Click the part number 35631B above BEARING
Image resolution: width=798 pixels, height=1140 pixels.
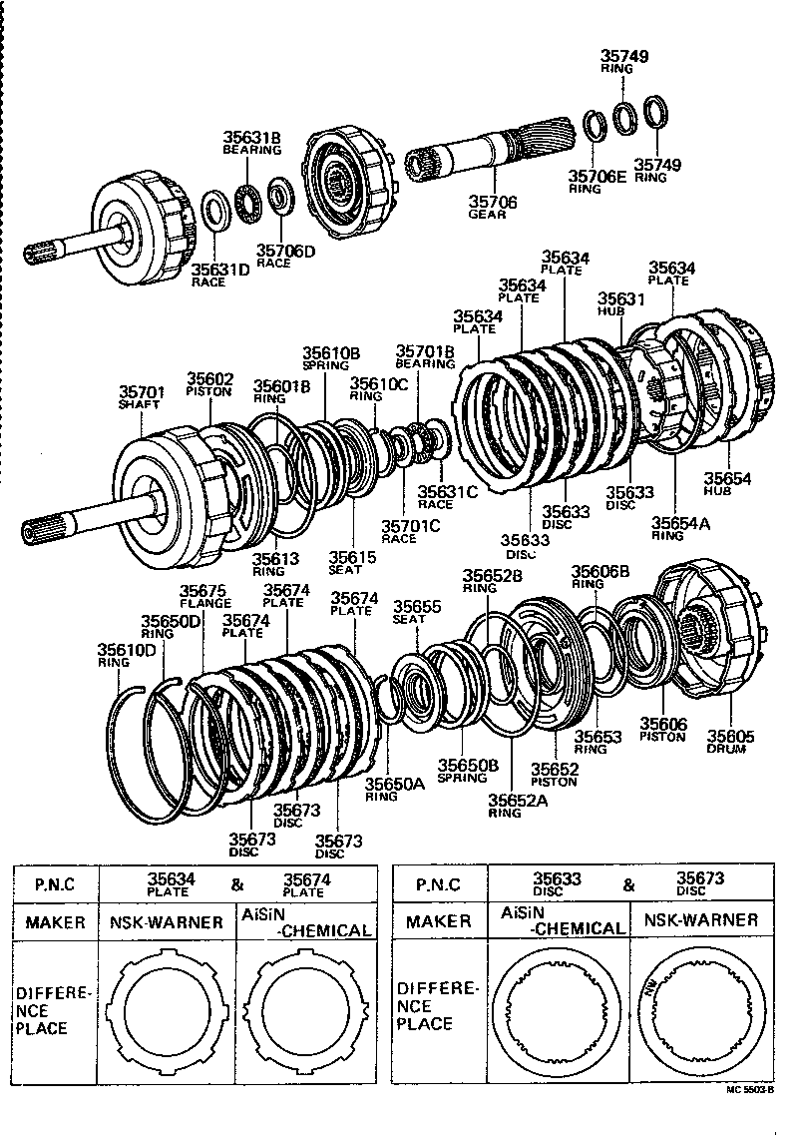[x=251, y=138]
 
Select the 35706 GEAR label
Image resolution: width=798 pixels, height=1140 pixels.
[x=493, y=207]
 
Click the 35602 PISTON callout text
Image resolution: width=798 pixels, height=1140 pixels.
[x=209, y=384]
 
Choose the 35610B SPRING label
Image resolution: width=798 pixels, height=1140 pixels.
[x=331, y=358]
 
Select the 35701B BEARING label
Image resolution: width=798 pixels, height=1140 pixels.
[x=425, y=356]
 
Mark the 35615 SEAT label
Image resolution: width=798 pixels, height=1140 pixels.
[x=345, y=562]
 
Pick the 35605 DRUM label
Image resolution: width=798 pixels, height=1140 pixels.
[x=730, y=742]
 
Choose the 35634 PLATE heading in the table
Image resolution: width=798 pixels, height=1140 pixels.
[x=169, y=883]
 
